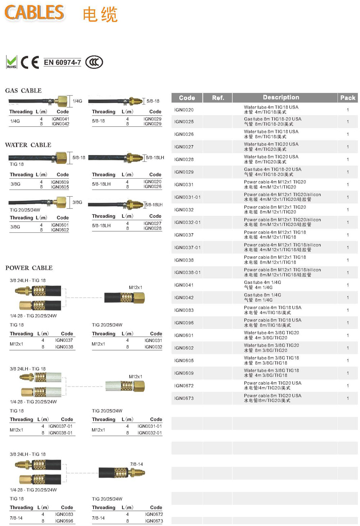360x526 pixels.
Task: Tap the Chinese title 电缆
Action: tap(100, 15)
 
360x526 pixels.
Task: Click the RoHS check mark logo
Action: tap(12, 62)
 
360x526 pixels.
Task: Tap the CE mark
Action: tap(30, 62)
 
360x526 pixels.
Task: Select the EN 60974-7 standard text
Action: tap(62, 62)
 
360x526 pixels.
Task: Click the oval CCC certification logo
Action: tap(94, 62)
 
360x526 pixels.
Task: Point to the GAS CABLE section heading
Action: tap(23, 90)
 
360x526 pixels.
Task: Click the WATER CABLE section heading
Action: tap(28, 145)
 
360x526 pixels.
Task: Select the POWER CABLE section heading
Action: tap(29, 268)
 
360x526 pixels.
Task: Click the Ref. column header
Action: tap(218, 98)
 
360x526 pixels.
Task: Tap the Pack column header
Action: tap(347, 98)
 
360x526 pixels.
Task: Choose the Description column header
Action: tap(281, 97)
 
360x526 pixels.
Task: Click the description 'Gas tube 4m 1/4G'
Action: tap(262, 282)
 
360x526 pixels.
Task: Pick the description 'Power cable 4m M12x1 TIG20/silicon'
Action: tap(282, 195)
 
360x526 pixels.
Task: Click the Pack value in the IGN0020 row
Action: tap(348, 110)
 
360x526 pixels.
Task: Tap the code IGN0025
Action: tap(184, 122)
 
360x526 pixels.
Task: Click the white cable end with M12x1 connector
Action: tap(125, 386)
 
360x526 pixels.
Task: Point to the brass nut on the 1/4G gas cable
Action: tap(63, 101)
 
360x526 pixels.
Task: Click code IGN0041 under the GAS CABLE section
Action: tap(60, 119)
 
